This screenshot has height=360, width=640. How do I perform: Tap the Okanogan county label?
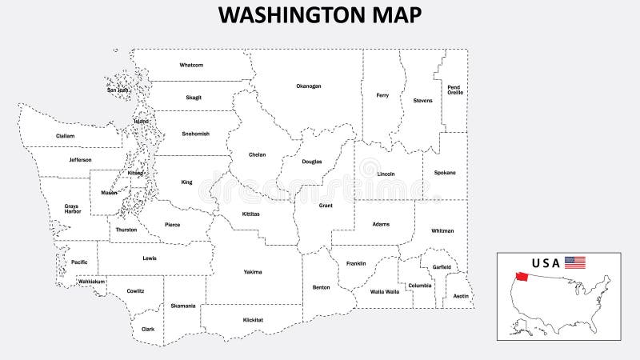pyautogui.click(x=308, y=86)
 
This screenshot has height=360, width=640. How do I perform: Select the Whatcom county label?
pyautogui.click(x=191, y=65)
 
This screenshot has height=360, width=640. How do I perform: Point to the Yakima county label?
pyautogui.click(x=253, y=272)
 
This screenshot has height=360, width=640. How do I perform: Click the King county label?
pyautogui.click(x=186, y=182)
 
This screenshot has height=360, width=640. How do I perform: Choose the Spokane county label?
pyautogui.click(x=445, y=172)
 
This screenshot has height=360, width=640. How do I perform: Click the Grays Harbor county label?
pyautogui.click(x=72, y=209)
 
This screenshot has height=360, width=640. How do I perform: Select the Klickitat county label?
pyautogui.click(x=253, y=320)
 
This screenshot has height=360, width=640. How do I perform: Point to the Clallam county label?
pyautogui.click(x=65, y=136)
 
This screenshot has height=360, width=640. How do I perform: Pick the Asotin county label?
pyautogui.click(x=461, y=296)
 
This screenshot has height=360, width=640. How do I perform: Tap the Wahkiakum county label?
pyautogui.click(x=91, y=282)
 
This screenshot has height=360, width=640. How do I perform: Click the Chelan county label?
pyautogui.click(x=257, y=154)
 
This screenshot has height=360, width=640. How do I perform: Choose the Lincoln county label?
pyautogui.click(x=386, y=174)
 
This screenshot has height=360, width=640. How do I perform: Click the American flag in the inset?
pyautogui.click(x=575, y=262)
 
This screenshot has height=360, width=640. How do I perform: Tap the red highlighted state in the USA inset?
pyautogui.click(x=518, y=279)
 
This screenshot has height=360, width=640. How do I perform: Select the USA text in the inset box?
pyautogui.click(x=546, y=262)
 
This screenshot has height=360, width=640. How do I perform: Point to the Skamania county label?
pyautogui.click(x=182, y=306)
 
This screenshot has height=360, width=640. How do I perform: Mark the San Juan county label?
pyautogui.click(x=118, y=90)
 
